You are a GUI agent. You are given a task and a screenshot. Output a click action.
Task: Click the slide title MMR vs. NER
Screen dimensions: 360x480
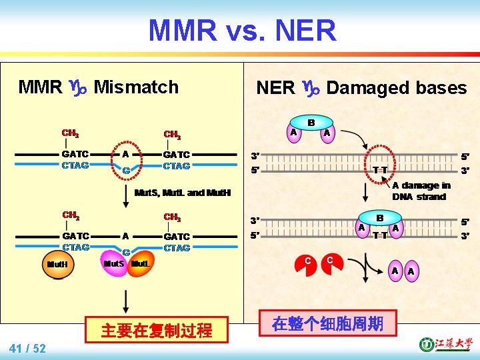(242, 30)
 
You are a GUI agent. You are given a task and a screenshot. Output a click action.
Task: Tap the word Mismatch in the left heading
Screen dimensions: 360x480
(136, 87)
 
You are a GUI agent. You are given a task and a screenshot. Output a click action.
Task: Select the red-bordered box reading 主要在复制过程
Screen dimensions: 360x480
(157, 329)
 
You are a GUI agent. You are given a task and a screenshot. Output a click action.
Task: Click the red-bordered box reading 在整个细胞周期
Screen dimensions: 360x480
(327, 324)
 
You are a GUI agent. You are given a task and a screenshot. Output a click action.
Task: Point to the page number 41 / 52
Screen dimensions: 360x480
(28, 348)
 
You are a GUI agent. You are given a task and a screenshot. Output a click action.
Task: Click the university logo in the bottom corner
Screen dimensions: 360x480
(443, 344)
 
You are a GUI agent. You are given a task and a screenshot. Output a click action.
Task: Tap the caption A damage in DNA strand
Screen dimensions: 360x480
(421, 191)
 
